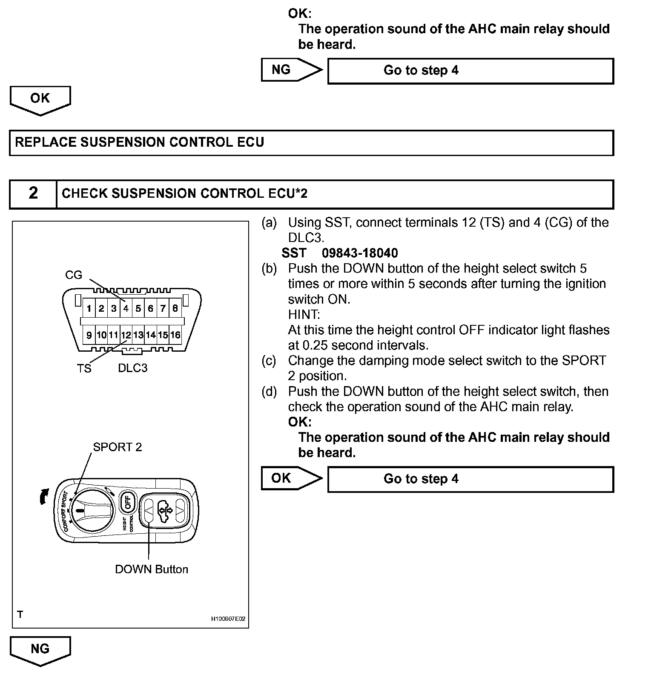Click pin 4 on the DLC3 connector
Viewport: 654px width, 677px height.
(x=126, y=308)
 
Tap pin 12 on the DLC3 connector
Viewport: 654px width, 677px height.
(x=126, y=335)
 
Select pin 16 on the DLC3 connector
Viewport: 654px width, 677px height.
(x=175, y=335)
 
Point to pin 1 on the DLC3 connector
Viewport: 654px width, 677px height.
(x=89, y=308)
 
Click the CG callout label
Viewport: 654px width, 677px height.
(x=74, y=275)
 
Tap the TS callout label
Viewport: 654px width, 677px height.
(x=84, y=368)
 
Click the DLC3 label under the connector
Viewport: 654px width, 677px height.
(x=133, y=368)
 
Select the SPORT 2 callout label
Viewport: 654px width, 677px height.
(x=118, y=447)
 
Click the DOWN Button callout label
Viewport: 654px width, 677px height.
(x=152, y=569)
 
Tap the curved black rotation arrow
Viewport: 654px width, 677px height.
(x=43, y=496)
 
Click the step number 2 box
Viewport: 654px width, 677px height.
(x=33, y=194)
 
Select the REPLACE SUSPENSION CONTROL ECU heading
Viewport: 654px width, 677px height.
(x=140, y=142)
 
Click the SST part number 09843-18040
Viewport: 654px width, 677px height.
(x=360, y=253)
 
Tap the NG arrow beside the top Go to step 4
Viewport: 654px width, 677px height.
(x=291, y=70)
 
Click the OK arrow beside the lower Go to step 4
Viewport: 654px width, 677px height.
(x=291, y=478)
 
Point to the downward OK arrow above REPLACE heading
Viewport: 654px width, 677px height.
(x=40, y=100)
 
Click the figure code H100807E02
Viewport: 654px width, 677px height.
(x=228, y=619)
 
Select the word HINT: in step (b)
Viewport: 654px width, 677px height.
(x=304, y=315)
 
